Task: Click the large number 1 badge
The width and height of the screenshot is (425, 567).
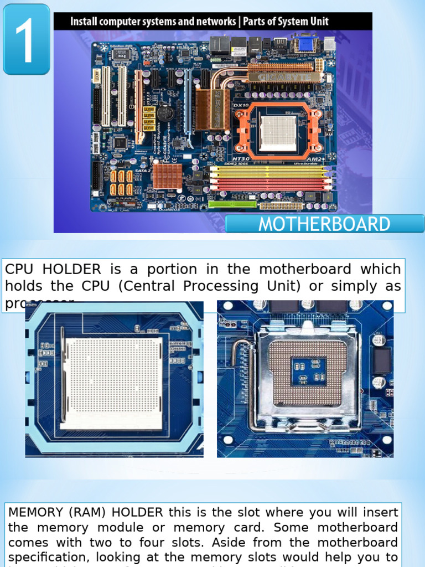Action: click(26, 39)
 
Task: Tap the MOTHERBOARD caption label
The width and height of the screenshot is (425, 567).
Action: click(324, 224)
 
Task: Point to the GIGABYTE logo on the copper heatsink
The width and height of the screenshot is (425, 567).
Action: click(284, 77)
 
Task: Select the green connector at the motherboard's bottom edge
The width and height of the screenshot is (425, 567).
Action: click(232, 204)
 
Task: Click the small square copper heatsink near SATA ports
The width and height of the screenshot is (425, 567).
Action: click(167, 176)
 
